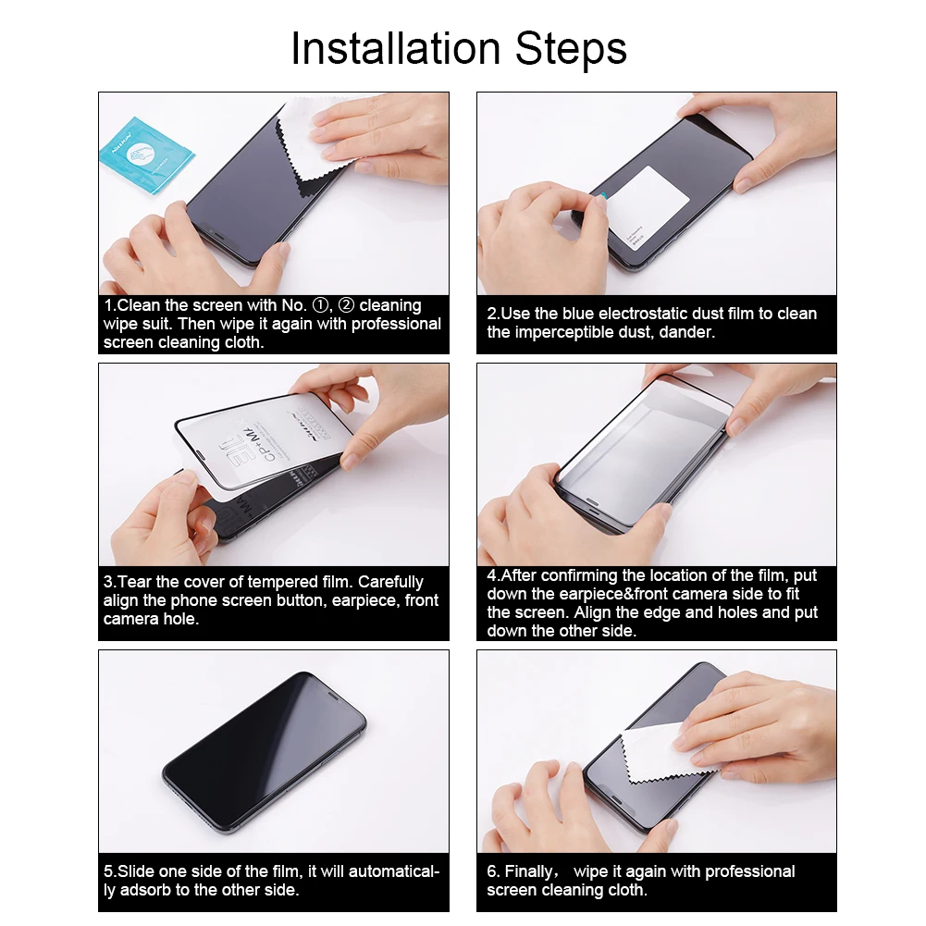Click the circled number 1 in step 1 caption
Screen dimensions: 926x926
click(x=320, y=305)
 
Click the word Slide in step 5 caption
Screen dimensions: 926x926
click(x=137, y=871)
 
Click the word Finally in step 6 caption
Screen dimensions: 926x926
click(x=532, y=871)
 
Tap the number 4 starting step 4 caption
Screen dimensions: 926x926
click(x=492, y=575)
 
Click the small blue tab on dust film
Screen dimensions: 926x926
click(x=602, y=196)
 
